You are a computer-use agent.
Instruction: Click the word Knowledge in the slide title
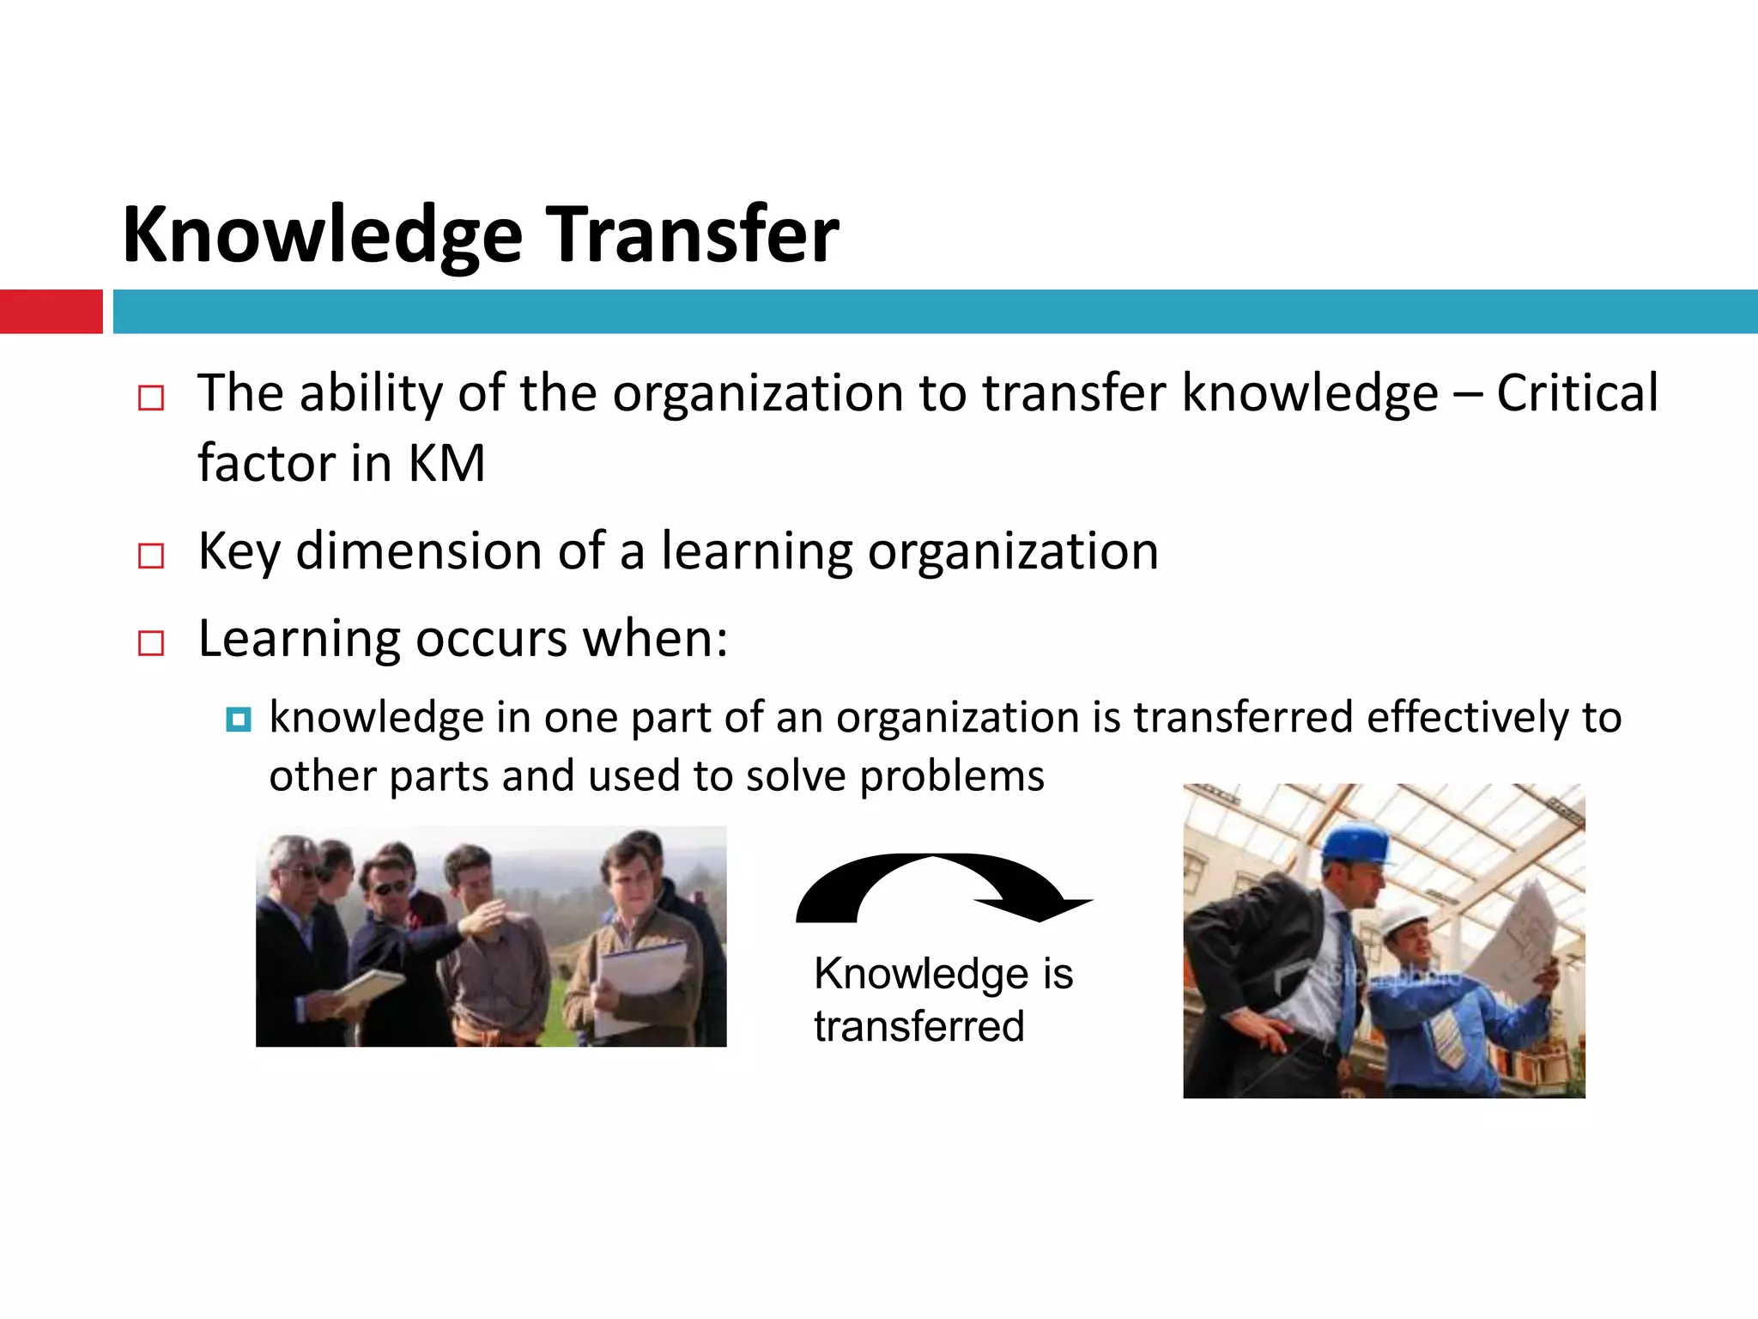tap(322, 236)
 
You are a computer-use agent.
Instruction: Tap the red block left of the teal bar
tap(51, 311)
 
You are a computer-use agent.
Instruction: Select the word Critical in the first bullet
tap(1577, 393)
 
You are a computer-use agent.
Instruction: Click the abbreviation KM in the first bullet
tap(446, 464)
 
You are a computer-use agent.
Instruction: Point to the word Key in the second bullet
tap(239, 552)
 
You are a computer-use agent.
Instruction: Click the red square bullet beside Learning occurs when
tap(151, 642)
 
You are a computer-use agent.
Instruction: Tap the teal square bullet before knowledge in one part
tap(239, 719)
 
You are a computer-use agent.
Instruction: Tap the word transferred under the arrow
tap(918, 1026)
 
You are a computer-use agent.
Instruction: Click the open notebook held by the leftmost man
tap(369, 988)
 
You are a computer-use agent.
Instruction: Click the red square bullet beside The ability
tap(151, 398)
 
